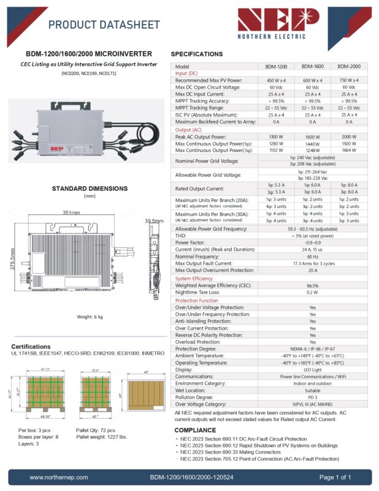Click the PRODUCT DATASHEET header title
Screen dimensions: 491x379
104,25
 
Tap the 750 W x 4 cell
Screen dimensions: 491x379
349,80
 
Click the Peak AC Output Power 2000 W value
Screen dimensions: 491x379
349,137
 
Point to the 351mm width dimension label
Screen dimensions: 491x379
71,212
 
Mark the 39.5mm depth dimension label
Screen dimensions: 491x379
154,220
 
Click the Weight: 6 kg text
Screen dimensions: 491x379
90,317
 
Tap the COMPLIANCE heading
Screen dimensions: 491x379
196,430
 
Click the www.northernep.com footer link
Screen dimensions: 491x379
59,477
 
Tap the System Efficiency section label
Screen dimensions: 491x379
194,279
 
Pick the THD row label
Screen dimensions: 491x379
181,235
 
